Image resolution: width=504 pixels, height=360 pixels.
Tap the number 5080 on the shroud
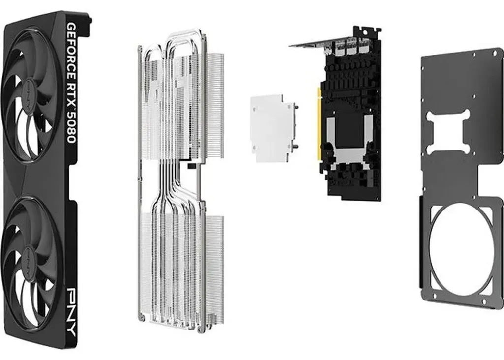[71, 127]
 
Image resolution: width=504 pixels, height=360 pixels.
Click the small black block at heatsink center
[191, 166]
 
